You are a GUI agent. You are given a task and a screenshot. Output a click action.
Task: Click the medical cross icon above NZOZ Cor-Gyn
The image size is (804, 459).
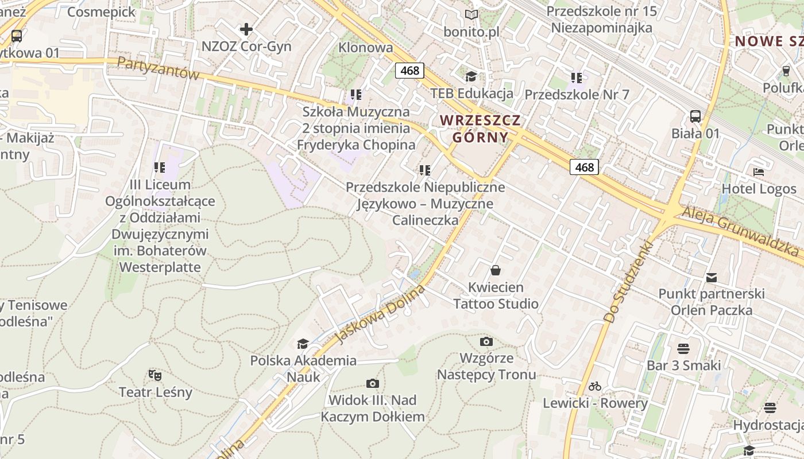[x=246, y=29]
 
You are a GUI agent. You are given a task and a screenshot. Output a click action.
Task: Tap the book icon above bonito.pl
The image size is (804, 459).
[x=471, y=15]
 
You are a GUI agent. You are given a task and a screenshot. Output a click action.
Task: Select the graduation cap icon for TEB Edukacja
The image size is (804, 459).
[x=471, y=76]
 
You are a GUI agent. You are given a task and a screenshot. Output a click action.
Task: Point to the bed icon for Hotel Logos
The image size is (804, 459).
[x=759, y=172]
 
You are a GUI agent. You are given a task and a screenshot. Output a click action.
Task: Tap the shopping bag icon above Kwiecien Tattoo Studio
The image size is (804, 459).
[x=495, y=270]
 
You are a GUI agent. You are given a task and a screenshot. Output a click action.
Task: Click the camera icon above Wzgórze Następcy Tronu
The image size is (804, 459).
[x=486, y=341]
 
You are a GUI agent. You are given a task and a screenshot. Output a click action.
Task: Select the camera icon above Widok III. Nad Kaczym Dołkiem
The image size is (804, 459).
[x=372, y=383]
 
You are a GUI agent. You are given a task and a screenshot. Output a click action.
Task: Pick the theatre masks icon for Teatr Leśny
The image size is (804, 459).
[x=154, y=375]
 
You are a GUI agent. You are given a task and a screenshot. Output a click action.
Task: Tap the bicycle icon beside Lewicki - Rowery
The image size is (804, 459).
[x=595, y=386]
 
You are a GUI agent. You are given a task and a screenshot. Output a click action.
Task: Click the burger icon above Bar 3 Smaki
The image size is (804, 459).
[x=683, y=348]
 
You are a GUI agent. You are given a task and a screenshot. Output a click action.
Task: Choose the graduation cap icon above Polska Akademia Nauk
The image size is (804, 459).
[x=303, y=344]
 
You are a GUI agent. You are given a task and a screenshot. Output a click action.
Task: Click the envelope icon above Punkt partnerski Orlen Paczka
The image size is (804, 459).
[x=712, y=278]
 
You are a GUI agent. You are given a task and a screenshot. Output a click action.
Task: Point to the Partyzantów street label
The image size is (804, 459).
[x=157, y=68]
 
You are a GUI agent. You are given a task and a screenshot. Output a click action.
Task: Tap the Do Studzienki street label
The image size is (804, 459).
[x=629, y=281]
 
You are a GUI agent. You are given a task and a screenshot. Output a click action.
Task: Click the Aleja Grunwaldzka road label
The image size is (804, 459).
[x=741, y=231]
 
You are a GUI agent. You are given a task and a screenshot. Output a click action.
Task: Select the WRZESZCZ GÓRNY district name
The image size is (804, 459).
[x=480, y=129]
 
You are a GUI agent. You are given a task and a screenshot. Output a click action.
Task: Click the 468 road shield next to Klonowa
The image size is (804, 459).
[x=409, y=71]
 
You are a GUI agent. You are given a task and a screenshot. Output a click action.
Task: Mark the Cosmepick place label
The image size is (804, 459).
[x=101, y=11]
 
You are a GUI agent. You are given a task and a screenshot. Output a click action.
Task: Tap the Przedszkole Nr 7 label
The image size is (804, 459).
[x=577, y=95]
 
